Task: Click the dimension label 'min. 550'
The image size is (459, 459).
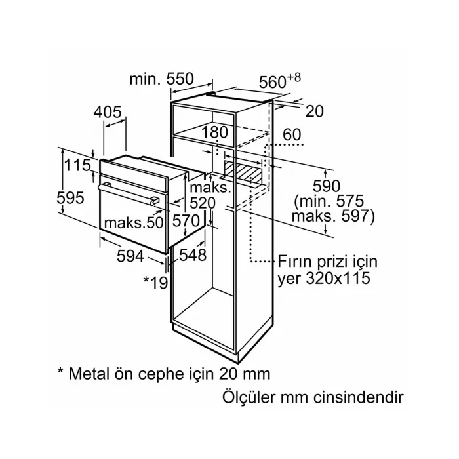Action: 161,79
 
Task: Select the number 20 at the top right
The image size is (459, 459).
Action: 315,111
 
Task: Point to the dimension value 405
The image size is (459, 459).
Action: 108,112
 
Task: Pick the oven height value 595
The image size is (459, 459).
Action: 70,197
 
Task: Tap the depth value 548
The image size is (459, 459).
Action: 192,254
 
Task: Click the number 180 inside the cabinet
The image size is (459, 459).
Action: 214,132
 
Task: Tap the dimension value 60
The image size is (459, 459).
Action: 292,135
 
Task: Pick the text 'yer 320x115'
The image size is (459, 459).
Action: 321,278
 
